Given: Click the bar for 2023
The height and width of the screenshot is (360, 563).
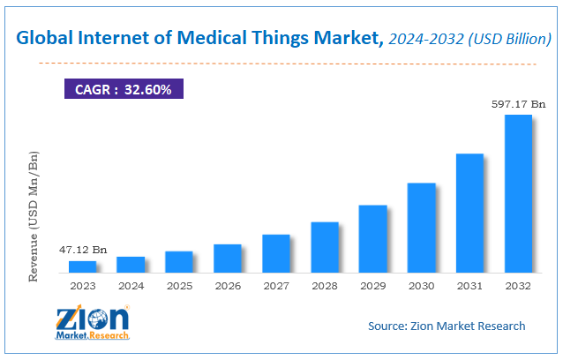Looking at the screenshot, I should point(82,266).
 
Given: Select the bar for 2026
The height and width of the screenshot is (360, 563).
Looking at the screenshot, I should point(228,258).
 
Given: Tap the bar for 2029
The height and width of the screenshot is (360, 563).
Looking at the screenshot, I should point(373,238).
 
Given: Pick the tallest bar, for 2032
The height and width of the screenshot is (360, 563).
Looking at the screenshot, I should point(518,193).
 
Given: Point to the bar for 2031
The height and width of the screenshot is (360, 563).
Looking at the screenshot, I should point(469,213).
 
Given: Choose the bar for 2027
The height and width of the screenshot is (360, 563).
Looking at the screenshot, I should point(276,253).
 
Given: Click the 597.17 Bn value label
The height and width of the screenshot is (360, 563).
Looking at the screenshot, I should point(517,104).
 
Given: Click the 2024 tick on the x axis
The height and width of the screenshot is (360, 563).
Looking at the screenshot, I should point(131,286).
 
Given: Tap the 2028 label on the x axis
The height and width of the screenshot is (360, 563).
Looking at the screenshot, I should point(325,286).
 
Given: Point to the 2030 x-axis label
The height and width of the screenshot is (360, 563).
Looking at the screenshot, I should point(421,286).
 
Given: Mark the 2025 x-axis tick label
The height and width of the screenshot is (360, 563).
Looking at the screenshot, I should point(179,286).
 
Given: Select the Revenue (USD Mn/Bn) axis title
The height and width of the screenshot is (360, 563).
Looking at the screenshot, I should point(34,216).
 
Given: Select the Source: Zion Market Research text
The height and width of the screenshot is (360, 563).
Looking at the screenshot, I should point(447,326).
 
